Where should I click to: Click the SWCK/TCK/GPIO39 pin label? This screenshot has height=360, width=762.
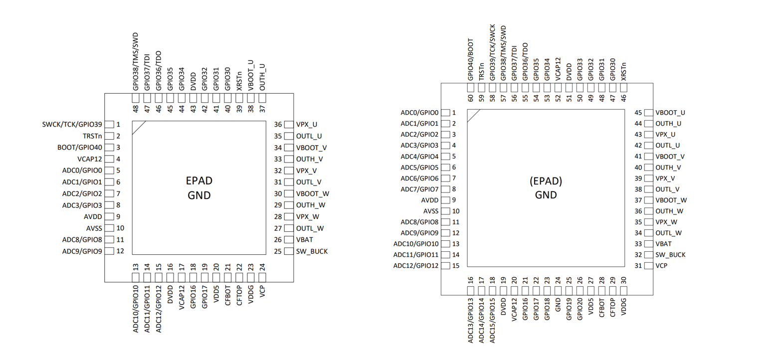tap(72, 124)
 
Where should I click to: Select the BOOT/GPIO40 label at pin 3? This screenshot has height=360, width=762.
tap(80, 148)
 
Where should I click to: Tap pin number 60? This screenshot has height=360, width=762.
tap(470, 99)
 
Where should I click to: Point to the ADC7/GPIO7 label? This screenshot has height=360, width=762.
tap(419, 189)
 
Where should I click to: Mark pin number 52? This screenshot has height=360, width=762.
tap(558, 99)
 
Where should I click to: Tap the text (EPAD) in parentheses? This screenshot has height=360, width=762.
tap(546, 181)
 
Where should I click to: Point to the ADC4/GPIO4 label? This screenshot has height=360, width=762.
tap(419, 156)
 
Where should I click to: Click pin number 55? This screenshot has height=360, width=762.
tap(525, 99)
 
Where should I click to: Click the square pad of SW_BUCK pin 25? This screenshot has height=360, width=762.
tap(288, 251)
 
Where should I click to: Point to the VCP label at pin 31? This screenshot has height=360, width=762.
tap(661, 266)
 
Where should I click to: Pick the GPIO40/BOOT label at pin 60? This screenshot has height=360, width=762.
tap(470, 59)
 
